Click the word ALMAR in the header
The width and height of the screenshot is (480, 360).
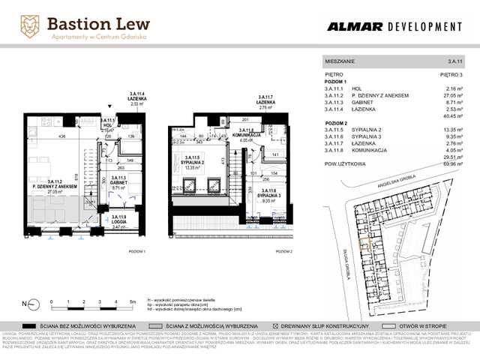(354, 27)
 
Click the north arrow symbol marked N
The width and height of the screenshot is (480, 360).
(29, 304)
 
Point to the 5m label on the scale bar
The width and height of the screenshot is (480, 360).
(132, 300)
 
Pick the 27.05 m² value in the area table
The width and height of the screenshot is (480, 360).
(448, 96)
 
